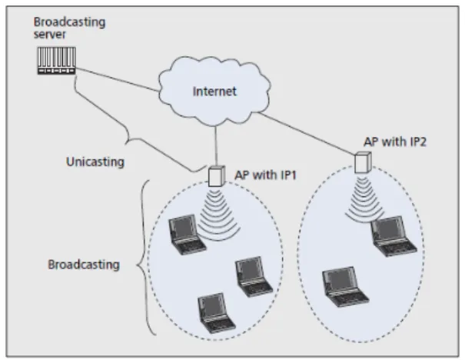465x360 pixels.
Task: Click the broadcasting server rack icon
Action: coord(57,61)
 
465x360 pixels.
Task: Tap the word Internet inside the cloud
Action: coord(214,92)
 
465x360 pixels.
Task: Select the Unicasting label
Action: coord(95,162)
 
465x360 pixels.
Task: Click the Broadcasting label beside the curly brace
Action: coord(84,265)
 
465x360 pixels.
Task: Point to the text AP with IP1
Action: coord(266,175)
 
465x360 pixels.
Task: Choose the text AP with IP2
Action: coord(395,142)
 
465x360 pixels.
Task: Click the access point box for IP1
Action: coord(217,176)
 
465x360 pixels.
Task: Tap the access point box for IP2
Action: coord(363,162)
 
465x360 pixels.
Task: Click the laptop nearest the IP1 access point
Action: coord(187,235)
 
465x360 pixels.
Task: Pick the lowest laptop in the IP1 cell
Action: coord(217,313)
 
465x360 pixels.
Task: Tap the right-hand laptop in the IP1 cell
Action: coord(254,277)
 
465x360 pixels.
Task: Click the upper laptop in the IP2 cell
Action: coord(394,236)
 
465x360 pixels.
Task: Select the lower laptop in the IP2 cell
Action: coord(345,287)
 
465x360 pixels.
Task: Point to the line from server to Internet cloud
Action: coord(118,79)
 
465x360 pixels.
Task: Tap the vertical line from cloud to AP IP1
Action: coord(216,146)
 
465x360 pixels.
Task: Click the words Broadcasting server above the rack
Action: coord(69,28)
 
